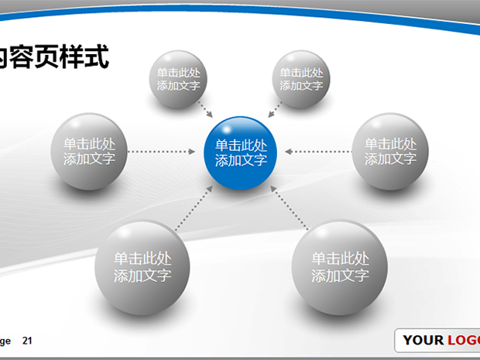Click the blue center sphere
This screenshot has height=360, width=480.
[240, 153]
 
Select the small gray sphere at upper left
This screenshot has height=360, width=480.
[178, 79]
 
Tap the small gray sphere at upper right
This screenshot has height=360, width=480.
[301, 79]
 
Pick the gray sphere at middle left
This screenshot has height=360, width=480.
[89, 152]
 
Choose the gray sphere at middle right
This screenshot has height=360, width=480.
[390, 152]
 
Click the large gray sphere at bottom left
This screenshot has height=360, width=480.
[142, 268]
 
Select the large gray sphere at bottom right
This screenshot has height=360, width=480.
[340, 268]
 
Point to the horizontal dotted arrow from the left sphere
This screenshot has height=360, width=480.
[162, 152]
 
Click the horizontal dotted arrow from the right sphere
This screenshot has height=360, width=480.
[318, 152]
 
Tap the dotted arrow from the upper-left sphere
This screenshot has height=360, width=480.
[205, 109]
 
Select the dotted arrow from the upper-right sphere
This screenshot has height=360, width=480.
[275, 109]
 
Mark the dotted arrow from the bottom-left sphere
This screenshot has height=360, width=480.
[194, 207]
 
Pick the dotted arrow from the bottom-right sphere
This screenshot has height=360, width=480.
[289, 207]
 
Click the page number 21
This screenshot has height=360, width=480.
[27, 341]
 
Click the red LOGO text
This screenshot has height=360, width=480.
[464, 341]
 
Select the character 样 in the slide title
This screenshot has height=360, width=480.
[72, 57]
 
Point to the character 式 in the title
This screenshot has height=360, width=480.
[97, 57]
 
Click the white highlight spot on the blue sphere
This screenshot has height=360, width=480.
[227, 129]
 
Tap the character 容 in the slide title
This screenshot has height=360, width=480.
[22, 57]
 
